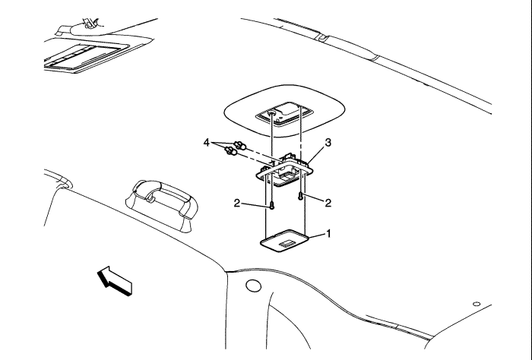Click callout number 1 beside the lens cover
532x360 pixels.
pos(328,234)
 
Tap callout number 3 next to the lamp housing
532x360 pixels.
pos(328,143)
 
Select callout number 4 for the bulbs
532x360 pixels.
pos(207,143)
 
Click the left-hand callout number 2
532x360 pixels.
pos(237,203)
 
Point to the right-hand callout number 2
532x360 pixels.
pos(328,203)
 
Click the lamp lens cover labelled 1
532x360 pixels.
pos(284,241)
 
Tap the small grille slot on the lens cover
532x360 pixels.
pos(287,243)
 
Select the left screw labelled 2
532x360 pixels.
pos(272,205)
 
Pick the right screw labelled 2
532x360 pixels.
pos(301,196)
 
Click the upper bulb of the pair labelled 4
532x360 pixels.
pos(240,145)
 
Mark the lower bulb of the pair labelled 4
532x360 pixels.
pos(231,151)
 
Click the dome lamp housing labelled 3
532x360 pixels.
pos(284,171)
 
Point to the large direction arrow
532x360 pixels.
pos(115,281)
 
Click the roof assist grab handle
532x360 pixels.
pos(162,204)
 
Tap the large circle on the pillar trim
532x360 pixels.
pos(253,286)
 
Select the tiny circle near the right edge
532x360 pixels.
pos(477,304)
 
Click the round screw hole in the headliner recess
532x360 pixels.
pos(272,113)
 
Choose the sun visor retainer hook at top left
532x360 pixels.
pos(90,24)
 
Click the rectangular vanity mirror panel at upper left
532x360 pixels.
pos(85,56)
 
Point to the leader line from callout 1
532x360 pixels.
pos(316,235)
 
